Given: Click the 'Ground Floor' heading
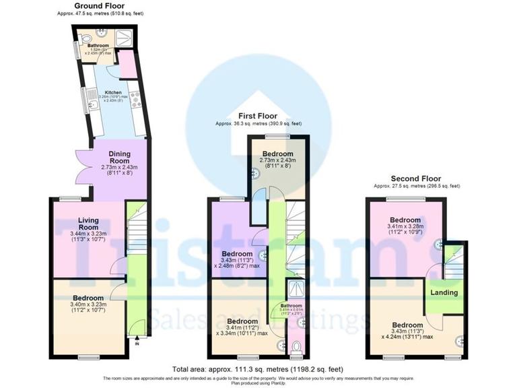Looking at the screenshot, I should pos(100,5).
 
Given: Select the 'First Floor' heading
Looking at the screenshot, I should pos(258,116).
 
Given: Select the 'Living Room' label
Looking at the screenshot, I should pos(88,224).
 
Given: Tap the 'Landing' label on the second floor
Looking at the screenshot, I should pos(444,292).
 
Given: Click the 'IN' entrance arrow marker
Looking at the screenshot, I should pos(137,342).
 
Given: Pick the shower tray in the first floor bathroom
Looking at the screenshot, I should pos(295,290).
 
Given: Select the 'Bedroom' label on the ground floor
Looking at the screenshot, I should pos(88,298).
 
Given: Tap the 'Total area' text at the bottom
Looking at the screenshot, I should pos(258,369).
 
